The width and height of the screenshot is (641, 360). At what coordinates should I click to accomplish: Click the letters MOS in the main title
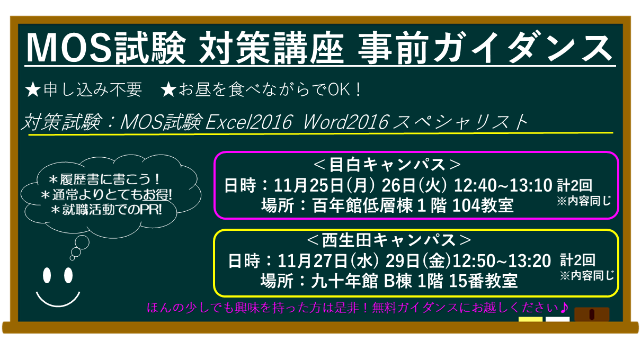coord(69,47)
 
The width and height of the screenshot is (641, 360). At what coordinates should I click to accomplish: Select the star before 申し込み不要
coord(33,89)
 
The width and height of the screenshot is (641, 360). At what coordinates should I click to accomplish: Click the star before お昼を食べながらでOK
coord(168,89)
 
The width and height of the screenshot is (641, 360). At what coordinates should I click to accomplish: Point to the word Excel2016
coord(248,122)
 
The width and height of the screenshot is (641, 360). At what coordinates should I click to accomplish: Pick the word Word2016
coord(345,122)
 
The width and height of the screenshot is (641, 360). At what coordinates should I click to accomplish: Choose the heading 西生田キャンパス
coord(389,240)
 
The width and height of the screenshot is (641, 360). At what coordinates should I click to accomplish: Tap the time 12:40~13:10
coord(503,185)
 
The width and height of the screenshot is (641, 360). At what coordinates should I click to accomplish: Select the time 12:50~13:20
coord(502,261)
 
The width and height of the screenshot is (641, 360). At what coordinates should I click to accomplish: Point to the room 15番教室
coord(483,281)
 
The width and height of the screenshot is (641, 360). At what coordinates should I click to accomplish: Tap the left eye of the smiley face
coord(47,275)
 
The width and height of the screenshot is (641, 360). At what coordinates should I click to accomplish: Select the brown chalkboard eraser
coord(592,314)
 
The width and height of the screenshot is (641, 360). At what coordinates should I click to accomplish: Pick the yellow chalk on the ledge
coord(530,319)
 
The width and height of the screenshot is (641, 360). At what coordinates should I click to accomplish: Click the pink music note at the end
coord(563,308)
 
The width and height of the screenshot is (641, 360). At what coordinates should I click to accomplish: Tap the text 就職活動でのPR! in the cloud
coord(106,210)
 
